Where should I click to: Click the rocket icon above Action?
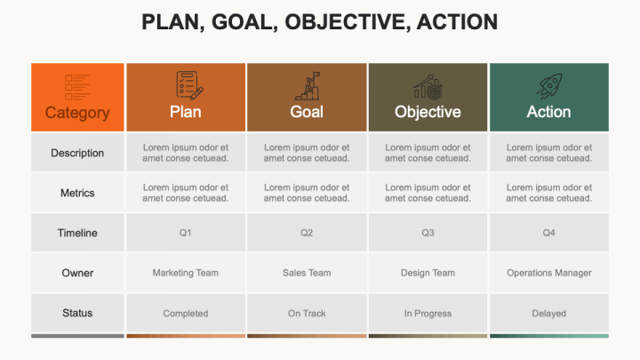point(549,86)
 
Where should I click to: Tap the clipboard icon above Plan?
point(189,85)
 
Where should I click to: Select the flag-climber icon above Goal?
point(308,86)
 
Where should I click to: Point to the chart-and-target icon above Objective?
point(428,87)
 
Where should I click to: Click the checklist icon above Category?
point(77,87)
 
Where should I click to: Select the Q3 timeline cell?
point(428,233)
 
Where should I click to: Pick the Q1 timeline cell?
point(186,233)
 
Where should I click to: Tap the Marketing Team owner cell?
point(186,273)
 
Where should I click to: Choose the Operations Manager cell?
point(549,273)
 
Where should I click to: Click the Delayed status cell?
point(549,313)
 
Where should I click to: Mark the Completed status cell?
point(186,313)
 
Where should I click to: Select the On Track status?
point(307,313)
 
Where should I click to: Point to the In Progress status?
point(428,313)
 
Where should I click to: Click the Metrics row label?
point(77,193)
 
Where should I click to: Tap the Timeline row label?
point(77,233)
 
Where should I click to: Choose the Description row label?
point(77,153)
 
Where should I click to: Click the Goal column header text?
point(307,112)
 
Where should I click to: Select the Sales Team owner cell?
point(307,273)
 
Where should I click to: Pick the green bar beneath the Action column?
point(549,336)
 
